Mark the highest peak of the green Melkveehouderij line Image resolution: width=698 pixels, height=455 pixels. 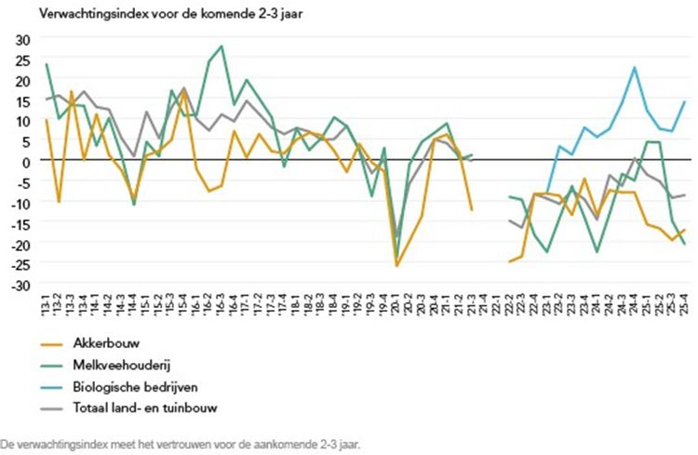(221, 46)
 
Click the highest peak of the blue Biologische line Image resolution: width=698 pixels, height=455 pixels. (634, 67)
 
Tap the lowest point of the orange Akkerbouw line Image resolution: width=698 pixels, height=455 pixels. (396, 266)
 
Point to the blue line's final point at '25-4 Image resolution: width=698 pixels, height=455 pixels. (684, 101)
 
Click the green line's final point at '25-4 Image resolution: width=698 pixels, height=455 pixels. (684, 244)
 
